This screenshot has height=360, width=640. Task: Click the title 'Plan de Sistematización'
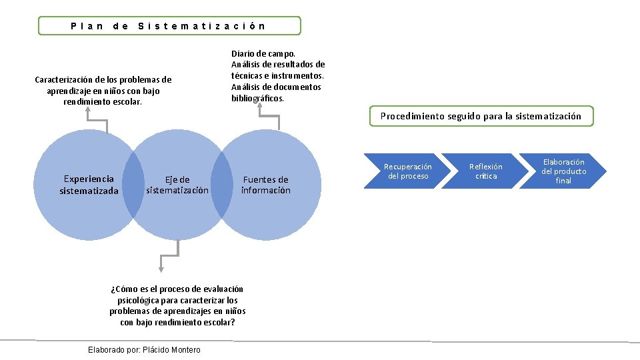(169, 26)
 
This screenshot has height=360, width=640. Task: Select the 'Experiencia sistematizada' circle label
(89, 185)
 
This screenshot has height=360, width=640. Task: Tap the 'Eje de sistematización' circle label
(177, 185)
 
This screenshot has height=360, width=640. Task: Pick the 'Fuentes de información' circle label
(265, 185)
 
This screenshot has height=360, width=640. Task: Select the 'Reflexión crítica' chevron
(486, 171)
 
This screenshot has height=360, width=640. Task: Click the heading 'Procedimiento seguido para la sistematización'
(481, 116)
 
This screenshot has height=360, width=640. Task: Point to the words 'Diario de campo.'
(263, 53)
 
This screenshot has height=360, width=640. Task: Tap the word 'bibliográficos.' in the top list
(257, 98)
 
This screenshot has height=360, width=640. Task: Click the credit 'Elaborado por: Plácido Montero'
(144, 350)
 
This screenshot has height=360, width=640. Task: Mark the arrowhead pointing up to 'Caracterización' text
(87, 112)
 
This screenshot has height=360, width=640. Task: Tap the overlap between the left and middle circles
(133, 185)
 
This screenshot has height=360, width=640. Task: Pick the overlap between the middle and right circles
(221, 185)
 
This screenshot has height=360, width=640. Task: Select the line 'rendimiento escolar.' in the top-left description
(103, 101)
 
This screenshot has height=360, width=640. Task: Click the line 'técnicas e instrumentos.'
(277, 76)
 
